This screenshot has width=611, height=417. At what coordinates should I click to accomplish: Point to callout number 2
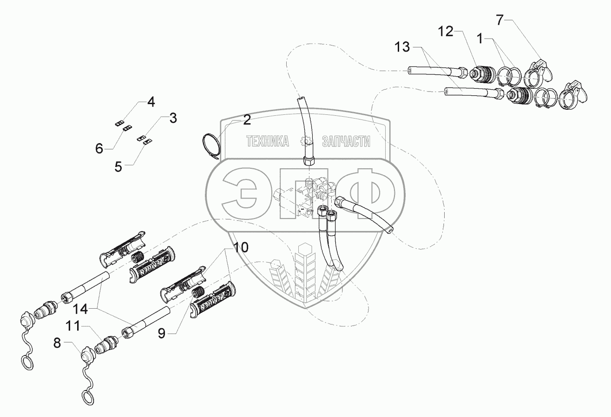(247, 120)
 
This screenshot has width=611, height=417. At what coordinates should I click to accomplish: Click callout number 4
(151, 102)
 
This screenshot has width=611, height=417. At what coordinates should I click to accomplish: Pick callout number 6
(99, 149)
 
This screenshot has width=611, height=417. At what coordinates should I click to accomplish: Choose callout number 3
(172, 118)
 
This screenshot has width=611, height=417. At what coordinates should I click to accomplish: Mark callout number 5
(119, 166)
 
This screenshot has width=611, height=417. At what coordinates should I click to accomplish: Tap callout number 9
(162, 333)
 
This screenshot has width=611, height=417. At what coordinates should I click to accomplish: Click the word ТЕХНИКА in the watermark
(267, 141)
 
